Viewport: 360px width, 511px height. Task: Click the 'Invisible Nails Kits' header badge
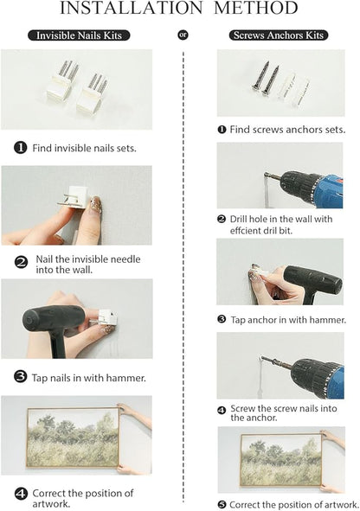pos(79,35)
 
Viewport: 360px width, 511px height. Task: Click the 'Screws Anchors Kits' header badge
pos(279,35)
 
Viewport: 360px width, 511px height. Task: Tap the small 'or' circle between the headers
pos(183,35)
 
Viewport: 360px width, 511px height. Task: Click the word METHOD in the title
pos(256,8)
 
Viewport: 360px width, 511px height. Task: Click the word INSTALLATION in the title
pos(132,8)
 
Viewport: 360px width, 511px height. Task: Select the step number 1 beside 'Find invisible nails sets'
pos(21,148)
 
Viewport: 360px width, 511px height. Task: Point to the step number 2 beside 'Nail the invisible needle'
pos(22,262)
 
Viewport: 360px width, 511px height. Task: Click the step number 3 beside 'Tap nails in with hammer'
pos(20,377)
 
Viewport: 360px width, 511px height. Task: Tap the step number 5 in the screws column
pos(222,505)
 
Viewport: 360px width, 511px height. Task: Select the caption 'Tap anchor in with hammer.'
pos(288,320)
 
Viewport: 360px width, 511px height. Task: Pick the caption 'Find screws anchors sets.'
pos(287,130)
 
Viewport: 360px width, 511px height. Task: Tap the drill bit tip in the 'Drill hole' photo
pos(266,175)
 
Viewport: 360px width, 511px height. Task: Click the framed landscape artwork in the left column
pos(73,438)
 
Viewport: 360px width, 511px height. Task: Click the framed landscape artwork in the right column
pos(280,460)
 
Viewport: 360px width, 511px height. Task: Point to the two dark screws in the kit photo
pos(266,79)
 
